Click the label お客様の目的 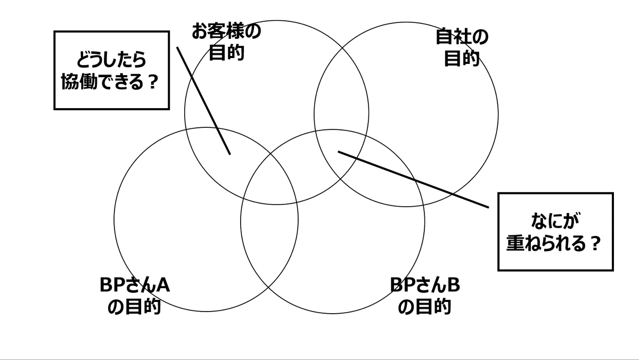[226, 43]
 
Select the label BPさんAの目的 [134, 296]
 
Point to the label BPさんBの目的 [424, 296]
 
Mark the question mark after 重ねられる [595, 244]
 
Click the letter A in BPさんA [163, 285]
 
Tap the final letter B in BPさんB [453, 285]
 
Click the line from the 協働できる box [203, 100]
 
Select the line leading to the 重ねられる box [413, 179]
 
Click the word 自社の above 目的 [462, 37]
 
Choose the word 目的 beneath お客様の [226, 53]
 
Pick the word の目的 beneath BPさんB [424, 307]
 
